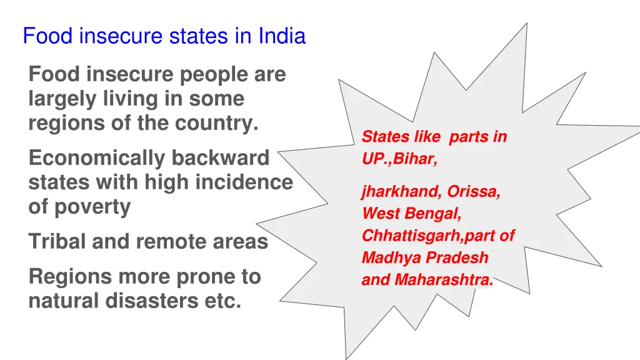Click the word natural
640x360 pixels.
(64, 301)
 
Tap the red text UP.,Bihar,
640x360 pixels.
(399, 159)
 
